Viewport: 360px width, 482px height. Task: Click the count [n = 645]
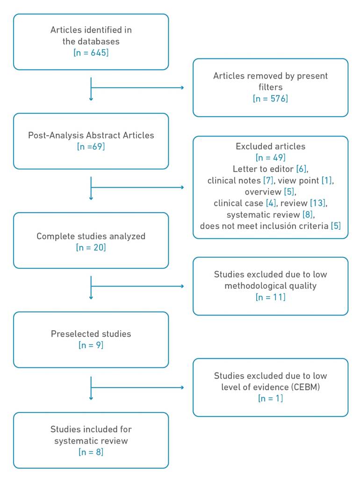[x=91, y=53]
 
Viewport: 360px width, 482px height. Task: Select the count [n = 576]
[x=270, y=99]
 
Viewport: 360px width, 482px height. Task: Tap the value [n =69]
[x=91, y=146]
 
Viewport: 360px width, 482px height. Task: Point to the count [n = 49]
[x=270, y=158]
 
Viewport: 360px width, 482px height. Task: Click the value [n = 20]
[x=91, y=248]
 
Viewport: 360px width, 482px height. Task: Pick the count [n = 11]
[x=270, y=297]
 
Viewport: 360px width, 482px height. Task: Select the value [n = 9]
[x=91, y=345]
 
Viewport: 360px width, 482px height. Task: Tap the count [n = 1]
[x=270, y=398]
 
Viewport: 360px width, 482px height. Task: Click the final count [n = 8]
[x=91, y=452]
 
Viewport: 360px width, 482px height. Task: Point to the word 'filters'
[x=270, y=87]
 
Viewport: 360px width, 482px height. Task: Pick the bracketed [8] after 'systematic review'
[x=308, y=215]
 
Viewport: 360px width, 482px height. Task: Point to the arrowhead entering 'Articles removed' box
[x=182, y=88]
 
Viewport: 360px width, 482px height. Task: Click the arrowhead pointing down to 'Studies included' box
[x=91, y=398]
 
